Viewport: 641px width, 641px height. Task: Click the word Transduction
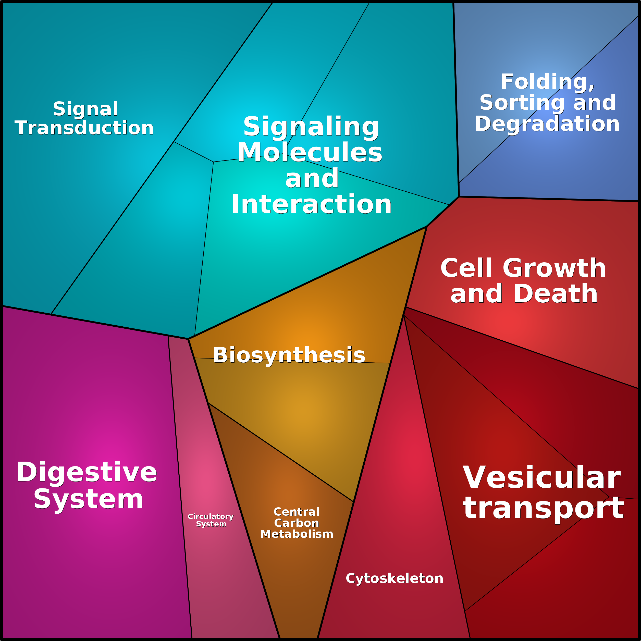(84, 128)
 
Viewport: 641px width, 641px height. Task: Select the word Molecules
(310, 153)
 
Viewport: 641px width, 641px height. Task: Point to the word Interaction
(311, 204)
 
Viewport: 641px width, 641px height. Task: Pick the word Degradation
(547, 124)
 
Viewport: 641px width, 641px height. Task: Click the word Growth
(554, 268)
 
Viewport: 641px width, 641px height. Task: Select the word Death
(556, 294)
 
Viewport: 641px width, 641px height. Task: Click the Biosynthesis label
(289, 355)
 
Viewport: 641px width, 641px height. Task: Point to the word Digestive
(87, 472)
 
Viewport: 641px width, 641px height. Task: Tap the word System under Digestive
(88, 499)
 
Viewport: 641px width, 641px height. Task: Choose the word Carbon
(296, 523)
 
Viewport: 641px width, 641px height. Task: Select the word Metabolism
(297, 534)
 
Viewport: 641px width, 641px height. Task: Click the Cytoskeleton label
(394, 578)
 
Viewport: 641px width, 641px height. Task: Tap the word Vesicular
(541, 478)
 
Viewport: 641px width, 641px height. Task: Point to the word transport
(543, 508)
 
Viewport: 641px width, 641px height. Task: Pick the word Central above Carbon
(297, 512)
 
